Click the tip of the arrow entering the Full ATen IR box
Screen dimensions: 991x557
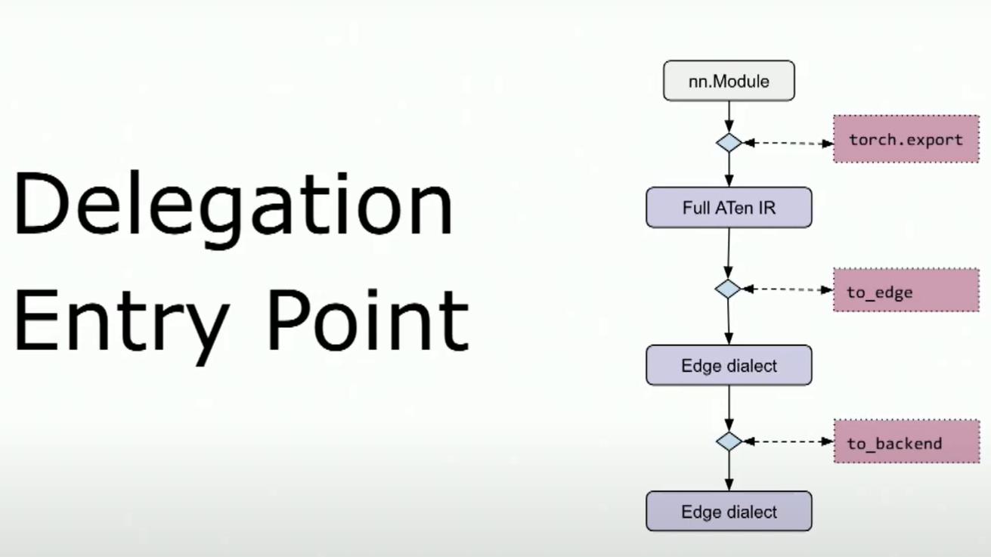[729, 187]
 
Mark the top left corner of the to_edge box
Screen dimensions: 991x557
[834, 268]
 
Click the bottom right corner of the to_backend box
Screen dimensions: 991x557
[980, 463]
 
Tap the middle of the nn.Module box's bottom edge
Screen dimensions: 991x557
[729, 101]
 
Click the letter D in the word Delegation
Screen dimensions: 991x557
[42, 203]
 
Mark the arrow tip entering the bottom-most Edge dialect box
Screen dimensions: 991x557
[729, 491]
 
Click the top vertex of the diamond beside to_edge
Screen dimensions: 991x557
[728, 279]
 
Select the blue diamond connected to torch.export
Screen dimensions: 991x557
[729, 142]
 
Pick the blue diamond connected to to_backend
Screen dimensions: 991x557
[729, 441]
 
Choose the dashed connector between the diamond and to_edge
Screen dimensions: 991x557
[788, 289]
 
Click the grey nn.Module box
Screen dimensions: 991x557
[729, 81]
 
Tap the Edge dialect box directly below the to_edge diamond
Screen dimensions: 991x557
[729, 365]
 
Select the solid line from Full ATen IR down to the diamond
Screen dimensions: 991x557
[729, 253]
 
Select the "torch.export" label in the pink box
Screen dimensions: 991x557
[906, 140]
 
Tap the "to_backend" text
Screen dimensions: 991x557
[894, 444]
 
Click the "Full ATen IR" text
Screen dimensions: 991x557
[729, 208]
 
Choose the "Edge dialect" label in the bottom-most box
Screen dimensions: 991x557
[729, 512]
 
